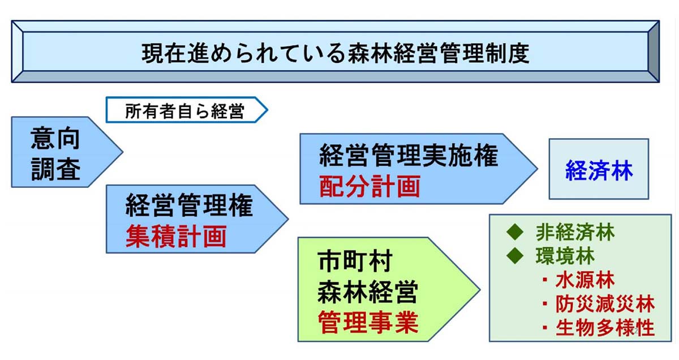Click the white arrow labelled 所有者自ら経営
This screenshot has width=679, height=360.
(184, 111)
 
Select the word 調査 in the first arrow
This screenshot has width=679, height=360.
(55, 168)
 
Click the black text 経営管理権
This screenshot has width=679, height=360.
(189, 207)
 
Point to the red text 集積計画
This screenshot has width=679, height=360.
(176, 235)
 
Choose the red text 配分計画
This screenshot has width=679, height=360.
(369, 186)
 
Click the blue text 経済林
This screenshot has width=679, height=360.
(599, 172)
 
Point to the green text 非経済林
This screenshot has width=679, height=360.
(575, 232)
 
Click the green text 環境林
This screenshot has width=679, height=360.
(565, 256)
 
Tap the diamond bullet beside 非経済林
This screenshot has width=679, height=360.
(515, 232)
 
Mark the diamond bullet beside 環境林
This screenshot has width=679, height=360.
(515, 256)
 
